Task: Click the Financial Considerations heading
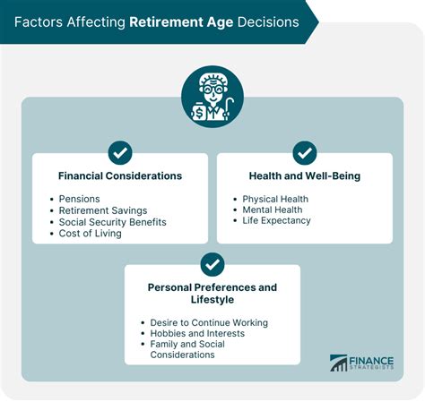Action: click(120, 176)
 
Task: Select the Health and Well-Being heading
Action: click(304, 176)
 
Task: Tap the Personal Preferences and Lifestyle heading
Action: click(212, 295)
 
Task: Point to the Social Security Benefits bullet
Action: click(113, 221)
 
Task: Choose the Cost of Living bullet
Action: click(90, 233)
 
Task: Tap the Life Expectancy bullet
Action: click(276, 220)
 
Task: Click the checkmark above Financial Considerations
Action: click(120, 152)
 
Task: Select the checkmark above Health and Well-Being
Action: click(304, 152)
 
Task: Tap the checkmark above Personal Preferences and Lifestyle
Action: click(212, 264)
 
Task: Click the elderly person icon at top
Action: click(212, 97)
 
